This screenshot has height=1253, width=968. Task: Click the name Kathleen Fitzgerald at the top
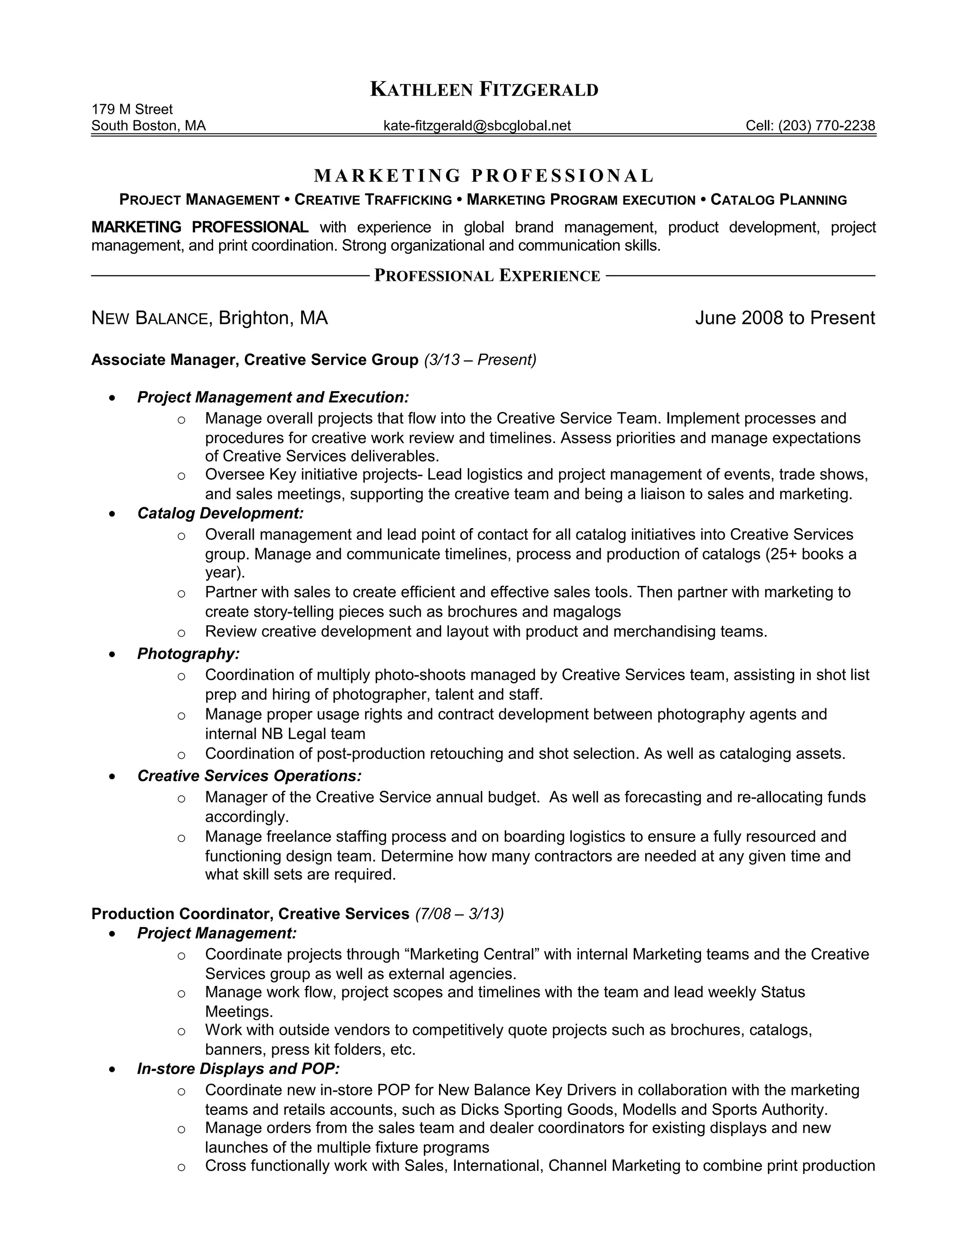click(x=484, y=89)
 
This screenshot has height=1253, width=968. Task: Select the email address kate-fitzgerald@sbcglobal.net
click(x=476, y=126)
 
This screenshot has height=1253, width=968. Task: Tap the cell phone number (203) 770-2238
click(x=826, y=126)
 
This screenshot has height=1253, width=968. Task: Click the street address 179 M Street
click(x=132, y=109)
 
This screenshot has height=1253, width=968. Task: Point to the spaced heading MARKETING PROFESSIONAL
click(x=484, y=175)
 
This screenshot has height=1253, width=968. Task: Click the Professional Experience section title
click(x=487, y=276)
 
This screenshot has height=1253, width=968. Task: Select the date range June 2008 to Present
click(x=785, y=318)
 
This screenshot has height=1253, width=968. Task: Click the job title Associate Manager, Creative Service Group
click(x=255, y=360)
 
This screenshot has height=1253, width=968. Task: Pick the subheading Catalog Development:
click(x=220, y=513)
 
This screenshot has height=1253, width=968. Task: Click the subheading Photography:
click(x=188, y=653)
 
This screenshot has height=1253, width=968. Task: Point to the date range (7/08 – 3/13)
click(x=459, y=914)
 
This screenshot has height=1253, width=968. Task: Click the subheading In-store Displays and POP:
click(x=239, y=1069)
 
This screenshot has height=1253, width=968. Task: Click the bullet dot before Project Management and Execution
click(x=112, y=398)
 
